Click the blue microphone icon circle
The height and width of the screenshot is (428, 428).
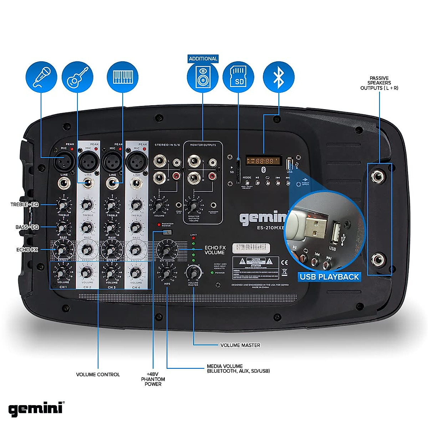coord(41,77)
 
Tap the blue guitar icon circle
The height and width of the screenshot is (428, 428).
coord(77,77)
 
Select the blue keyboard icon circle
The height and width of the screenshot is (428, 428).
coord(123,77)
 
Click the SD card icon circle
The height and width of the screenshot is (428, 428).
coord(238,77)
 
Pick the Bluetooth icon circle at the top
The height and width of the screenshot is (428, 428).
coord(279,77)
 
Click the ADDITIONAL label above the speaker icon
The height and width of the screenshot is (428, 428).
coord(203,58)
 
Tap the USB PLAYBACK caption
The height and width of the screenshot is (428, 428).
coord(329,277)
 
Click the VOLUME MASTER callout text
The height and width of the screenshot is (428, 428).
coord(240,345)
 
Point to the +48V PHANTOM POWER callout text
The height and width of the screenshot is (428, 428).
coord(153,379)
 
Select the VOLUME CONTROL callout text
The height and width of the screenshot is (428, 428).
coord(98,374)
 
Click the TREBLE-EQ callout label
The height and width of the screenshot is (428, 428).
coord(24,204)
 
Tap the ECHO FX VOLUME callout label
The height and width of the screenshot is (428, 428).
coord(215,250)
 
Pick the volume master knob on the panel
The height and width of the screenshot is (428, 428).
coord(193,273)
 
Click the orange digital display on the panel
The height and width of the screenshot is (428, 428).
coord(264,161)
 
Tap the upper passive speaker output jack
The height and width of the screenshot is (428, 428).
coord(377,176)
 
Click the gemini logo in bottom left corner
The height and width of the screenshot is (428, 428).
coord(36,409)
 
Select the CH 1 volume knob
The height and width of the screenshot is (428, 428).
coord(63,273)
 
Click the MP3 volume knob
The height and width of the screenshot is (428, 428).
coord(167,273)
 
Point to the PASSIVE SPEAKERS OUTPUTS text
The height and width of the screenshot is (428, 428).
coord(379,83)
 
